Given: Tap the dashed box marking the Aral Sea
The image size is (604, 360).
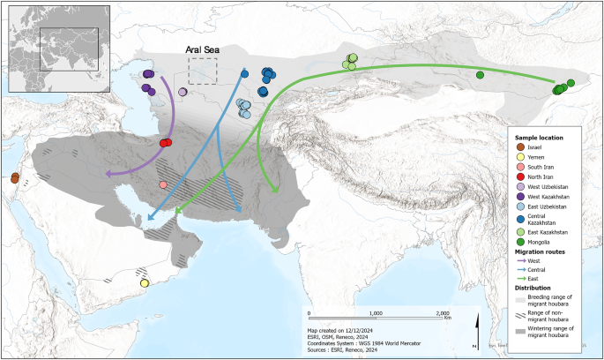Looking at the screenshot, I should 203,71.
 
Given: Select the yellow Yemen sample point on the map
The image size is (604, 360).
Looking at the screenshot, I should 145,283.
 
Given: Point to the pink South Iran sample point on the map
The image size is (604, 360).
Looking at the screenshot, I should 163,184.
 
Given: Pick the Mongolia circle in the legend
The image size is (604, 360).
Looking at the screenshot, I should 521,243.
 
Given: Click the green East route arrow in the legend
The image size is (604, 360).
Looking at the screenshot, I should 521,277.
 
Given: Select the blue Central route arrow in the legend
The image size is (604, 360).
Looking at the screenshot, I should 521,269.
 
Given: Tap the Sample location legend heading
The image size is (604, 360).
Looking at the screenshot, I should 539,139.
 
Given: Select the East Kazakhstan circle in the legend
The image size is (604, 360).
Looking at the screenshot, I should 521,231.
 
